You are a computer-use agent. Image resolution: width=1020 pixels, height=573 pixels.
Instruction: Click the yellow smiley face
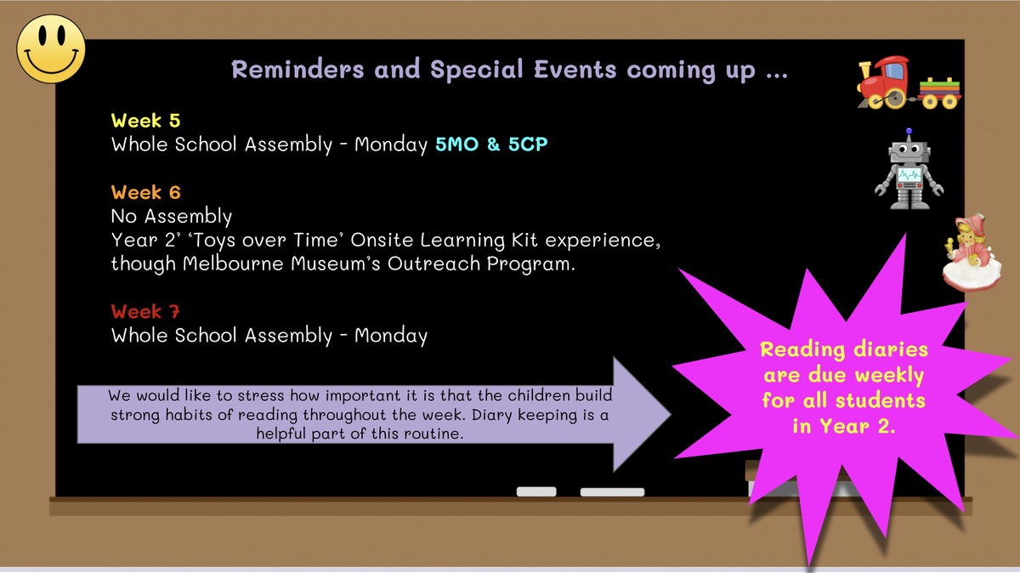click(51, 48)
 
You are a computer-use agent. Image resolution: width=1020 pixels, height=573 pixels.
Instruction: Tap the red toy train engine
click(884, 83)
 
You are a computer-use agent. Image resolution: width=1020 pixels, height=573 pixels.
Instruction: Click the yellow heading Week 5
click(145, 121)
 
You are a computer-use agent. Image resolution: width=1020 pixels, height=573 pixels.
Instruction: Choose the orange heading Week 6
click(145, 192)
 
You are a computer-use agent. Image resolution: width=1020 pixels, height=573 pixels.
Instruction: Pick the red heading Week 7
click(145, 311)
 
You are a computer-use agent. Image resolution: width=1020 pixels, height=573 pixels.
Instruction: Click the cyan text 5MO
click(456, 145)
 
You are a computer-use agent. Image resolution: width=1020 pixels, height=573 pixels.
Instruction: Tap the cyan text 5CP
click(528, 145)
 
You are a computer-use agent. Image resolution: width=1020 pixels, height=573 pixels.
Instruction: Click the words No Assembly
click(171, 216)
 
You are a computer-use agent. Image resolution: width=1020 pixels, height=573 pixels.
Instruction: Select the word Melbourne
click(233, 264)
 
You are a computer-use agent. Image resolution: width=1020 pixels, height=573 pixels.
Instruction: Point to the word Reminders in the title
click(297, 70)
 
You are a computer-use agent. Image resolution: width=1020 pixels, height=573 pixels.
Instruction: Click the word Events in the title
click(575, 70)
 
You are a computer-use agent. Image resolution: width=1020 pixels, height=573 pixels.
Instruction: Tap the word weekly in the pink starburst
click(889, 376)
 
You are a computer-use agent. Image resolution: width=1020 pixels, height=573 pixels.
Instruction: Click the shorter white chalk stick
click(536, 491)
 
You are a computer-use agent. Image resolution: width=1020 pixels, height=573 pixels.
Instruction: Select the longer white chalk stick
click(612, 492)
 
